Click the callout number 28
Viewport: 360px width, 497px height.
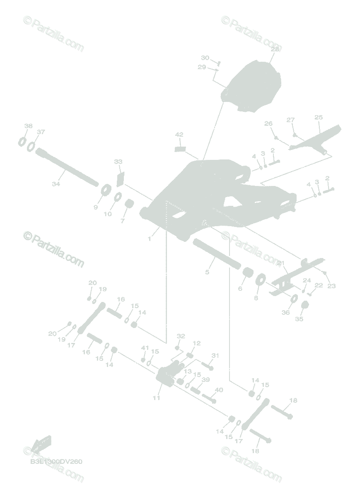coord(275,49)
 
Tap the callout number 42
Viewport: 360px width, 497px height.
coord(179,135)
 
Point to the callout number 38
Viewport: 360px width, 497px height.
coord(28,126)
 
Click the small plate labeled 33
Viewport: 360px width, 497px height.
coord(120,179)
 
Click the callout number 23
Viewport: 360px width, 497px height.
coord(331,286)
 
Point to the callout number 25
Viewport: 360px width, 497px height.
coord(318,118)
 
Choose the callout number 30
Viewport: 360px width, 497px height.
coord(205,58)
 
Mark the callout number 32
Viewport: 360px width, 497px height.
coord(181,336)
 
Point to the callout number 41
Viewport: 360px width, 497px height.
coord(144,347)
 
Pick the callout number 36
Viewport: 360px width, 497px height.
coord(286,313)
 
